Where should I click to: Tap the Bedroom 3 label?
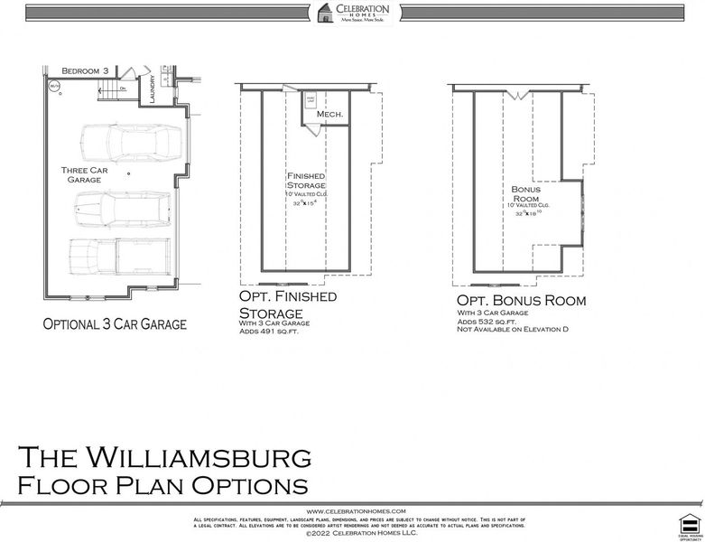85,70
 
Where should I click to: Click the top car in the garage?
130,143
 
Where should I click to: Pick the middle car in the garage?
119,209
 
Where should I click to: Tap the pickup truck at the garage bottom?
119,256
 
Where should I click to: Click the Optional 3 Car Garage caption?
115,323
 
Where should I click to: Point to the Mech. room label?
329,115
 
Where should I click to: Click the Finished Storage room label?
306,180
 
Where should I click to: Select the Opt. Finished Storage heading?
287,304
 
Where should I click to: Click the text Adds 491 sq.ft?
270,332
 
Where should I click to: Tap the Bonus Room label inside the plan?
527,193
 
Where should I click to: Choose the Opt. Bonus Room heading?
521,300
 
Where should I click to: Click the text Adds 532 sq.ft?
487,322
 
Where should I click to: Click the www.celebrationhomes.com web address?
355,511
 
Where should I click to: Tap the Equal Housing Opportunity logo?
690,524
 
